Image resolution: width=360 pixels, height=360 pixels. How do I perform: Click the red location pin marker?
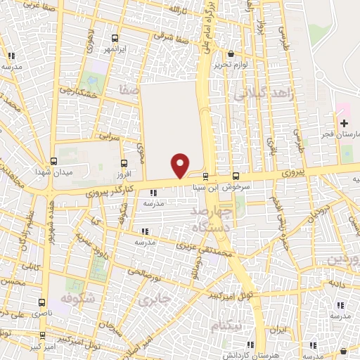coord(181,165)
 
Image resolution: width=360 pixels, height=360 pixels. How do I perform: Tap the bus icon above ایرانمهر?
coord(115,38)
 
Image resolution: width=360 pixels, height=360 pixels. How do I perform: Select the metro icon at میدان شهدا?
coord(54,160)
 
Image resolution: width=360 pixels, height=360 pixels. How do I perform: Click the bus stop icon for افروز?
coord(126,162)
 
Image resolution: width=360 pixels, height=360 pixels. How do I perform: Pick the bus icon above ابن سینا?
coord(205,176)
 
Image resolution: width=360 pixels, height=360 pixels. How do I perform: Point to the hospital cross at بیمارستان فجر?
coord(343,123)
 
